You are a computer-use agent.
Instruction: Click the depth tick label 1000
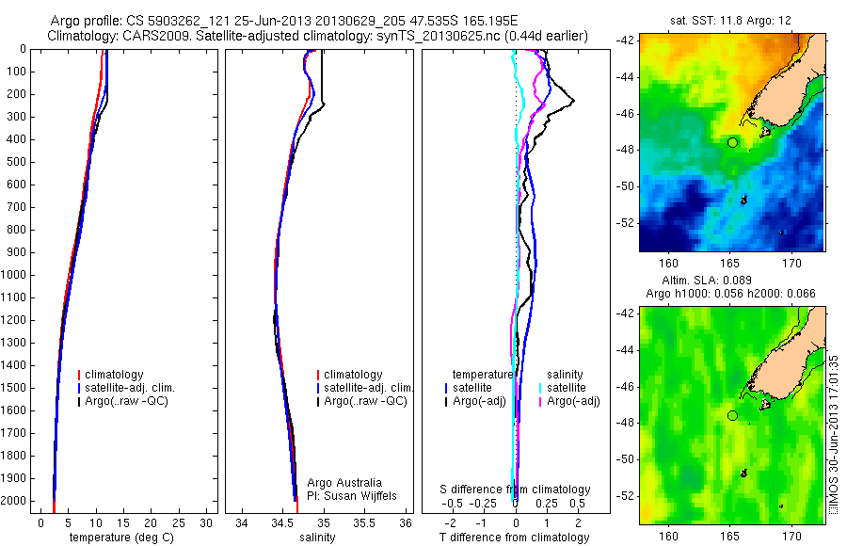pyautogui.click(x=16, y=275)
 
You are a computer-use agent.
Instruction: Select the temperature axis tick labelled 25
pyautogui.click(x=179, y=522)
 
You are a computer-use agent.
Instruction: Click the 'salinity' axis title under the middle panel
pyautogui.click(x=315, y=538)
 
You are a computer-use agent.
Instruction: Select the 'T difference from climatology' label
pyautogui.click(x=514, y=538)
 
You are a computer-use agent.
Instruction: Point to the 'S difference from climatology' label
pyautogui.click(x=516, y=490)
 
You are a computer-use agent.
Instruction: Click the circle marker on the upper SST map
pyautogui.click(x=732, y=142)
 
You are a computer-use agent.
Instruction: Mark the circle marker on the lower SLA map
pyautogui.click(x=732, y=415)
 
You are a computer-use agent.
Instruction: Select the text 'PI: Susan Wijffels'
pyautogui.click(x=353, y=495)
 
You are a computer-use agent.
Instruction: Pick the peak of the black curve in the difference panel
pyautogui.click(x=573, y=102)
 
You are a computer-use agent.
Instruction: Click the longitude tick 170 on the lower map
pyautogui.click(x=791, y=535)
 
